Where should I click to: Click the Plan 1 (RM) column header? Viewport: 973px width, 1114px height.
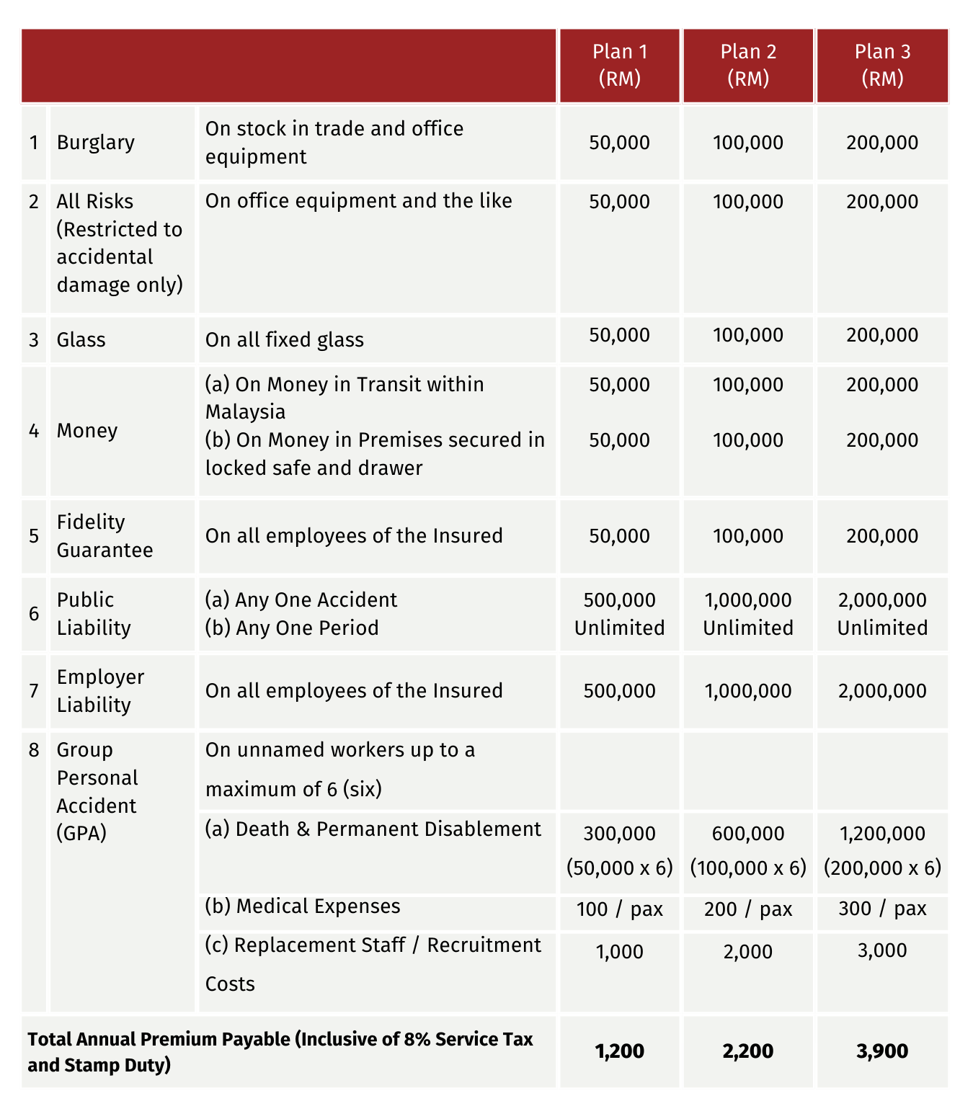click(619, 65)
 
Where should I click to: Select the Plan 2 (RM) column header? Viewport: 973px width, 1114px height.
click(748, 65)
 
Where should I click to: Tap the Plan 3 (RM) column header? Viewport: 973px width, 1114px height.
click(882, 65)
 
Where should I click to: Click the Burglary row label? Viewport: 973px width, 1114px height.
click(96, 142)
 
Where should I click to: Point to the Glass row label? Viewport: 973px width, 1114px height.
click(81, 339)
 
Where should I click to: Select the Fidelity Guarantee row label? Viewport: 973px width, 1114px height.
click(105, 536)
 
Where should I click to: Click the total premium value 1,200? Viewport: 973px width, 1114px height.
click(619, 1051)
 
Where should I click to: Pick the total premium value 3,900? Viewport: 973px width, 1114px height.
click(882, 1051)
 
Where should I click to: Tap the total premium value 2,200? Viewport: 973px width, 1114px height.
click(748, 1051)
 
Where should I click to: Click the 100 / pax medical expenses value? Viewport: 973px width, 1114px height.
click(619, 909)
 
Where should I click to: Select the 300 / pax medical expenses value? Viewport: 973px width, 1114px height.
click(882, 909)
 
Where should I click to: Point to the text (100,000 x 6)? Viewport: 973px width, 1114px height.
click(748, 868)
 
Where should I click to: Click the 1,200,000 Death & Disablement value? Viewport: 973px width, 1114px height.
click(882, 834)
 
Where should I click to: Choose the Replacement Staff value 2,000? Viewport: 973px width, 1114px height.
click(748, 952)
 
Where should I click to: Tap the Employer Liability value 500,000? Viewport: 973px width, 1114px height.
click(619, 691)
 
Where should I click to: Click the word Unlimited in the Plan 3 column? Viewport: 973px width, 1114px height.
click(882, 628)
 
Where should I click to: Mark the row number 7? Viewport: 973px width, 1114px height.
click(34, 691)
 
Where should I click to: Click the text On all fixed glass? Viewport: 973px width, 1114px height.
click(284, 339)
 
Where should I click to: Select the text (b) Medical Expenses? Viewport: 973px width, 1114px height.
click(303, 906)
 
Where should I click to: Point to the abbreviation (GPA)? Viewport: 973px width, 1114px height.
click(81, 834)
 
